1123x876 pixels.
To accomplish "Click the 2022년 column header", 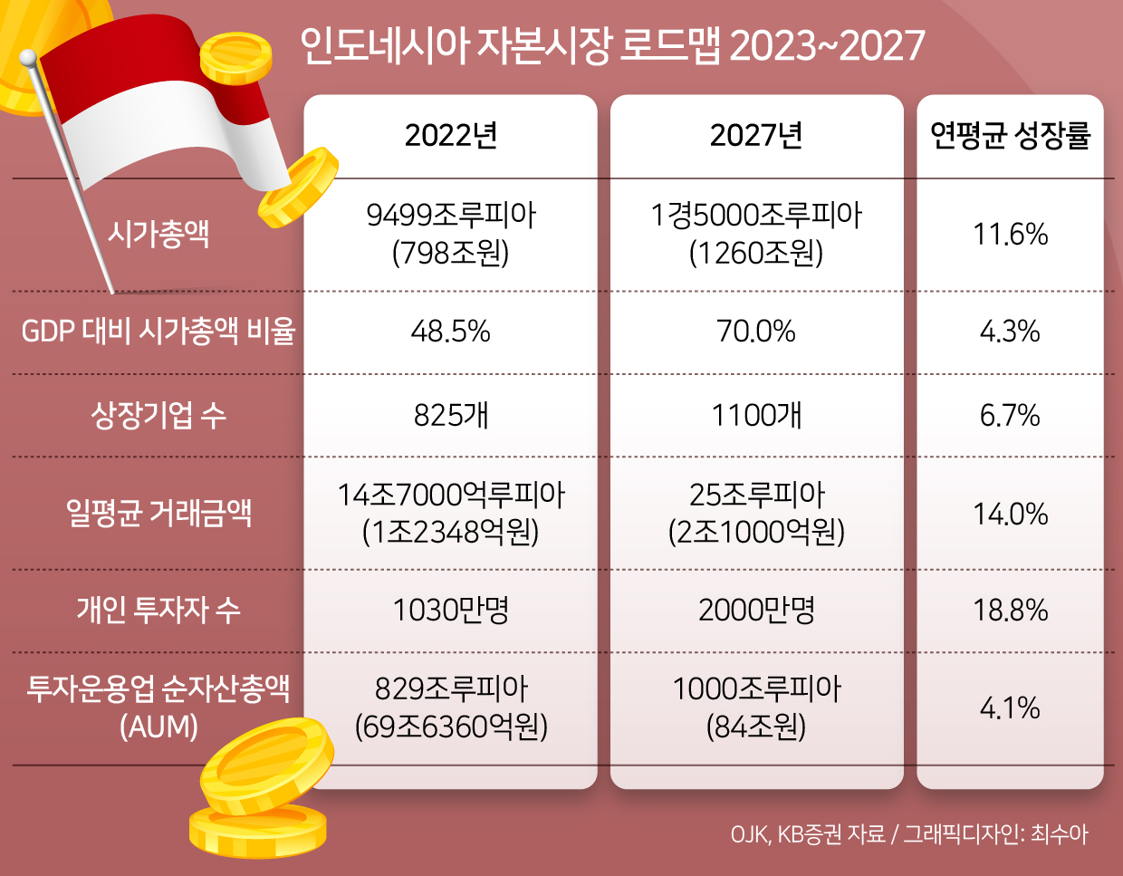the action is click(x=451, y=135).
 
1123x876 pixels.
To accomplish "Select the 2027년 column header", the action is click(x=756, y=135).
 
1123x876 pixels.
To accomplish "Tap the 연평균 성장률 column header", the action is click(x=1011, y=135).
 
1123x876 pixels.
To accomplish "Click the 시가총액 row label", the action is click(x=158, y=234).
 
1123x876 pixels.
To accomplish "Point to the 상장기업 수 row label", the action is click(x=158, y=415).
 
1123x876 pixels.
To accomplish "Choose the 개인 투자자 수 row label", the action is click(x=158, y=610).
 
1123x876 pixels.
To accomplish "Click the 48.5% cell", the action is click(x=451, y=332).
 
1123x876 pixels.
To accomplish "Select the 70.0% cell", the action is click(x=756, y=332).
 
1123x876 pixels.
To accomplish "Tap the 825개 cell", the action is click(x=451, y=415).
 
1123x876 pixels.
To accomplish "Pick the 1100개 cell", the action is click(x=756, y=415).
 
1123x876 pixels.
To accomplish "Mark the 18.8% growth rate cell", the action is click(x=1011, y=610).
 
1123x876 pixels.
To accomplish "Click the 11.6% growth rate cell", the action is click(x=1011, y=234).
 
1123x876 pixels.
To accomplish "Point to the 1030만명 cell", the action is click(x=451, y=610).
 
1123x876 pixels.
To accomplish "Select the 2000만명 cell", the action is click(x=756, y=610).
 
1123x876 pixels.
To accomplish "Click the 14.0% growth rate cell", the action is click(x=1011, y=514).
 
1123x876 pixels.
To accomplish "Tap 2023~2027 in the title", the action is click(x=828, y=45).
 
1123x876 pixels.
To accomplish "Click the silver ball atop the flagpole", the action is click(x=28, y=58).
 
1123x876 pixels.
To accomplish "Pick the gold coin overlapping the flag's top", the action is click(x=235, y=58).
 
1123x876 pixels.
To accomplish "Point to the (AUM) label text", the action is click(x=158, y=727).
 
